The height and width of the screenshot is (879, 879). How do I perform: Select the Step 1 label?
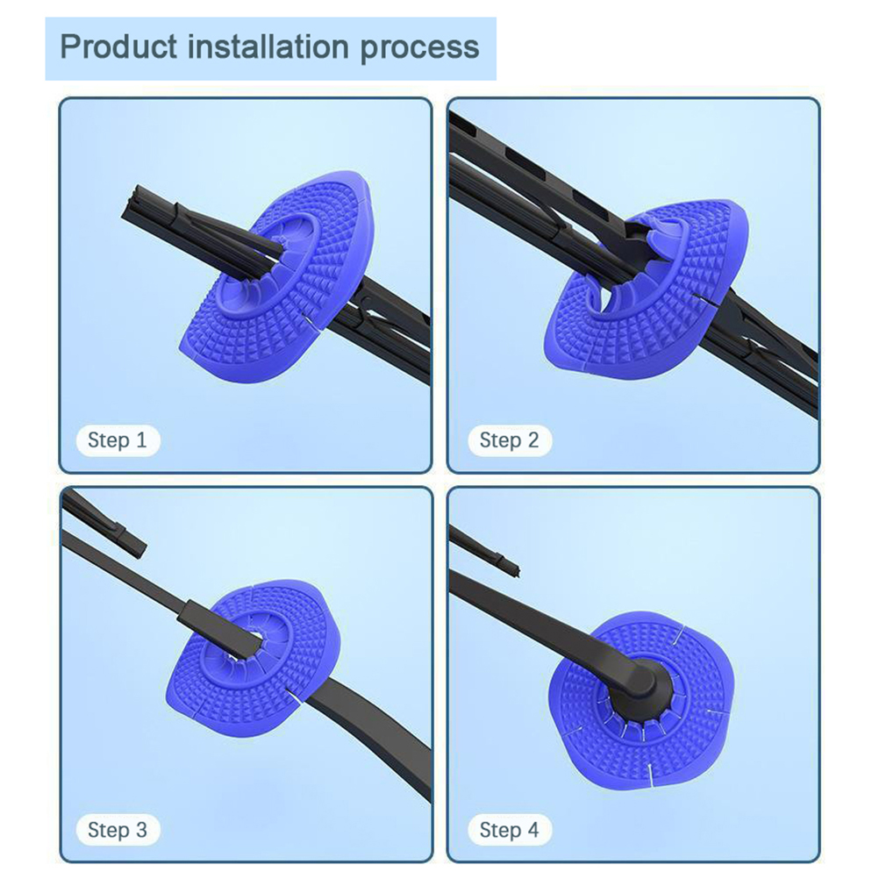[118, 440]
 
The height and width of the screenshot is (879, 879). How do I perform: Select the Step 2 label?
[509, 440]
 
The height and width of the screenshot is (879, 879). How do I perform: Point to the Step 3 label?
[118, 830]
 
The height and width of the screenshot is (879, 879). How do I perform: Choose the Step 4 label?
[509, 830]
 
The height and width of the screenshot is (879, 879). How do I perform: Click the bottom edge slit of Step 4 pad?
[650, 774]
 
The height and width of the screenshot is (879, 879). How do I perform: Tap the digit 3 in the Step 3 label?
[141, 830]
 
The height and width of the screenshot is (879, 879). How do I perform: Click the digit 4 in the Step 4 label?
[532, 830]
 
